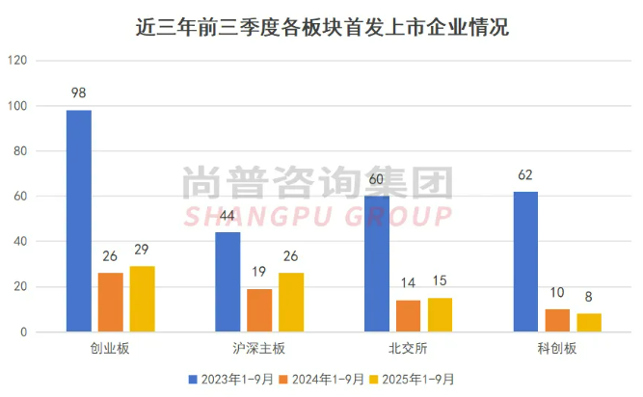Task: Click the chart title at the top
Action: click(x=321, y=26)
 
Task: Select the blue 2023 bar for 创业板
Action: click(x=79, y=221)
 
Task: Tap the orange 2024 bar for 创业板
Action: click(x=110, y=303)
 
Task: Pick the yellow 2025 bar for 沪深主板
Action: click(x=291, y=303)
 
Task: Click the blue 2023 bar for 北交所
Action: click(x=377, y=264)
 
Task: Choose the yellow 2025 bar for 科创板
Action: click(x=588, y=323)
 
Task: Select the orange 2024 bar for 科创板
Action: click(x=557, y=321)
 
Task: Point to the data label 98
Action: click(x=79, y=93)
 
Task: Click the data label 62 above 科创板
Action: click(x=525, y=175)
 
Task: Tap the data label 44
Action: click(x=228, y=216)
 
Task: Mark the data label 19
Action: click(x=259, y=273)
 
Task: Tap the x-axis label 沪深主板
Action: click(x=259, y=349)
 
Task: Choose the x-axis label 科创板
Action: click(x=557, y=349)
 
